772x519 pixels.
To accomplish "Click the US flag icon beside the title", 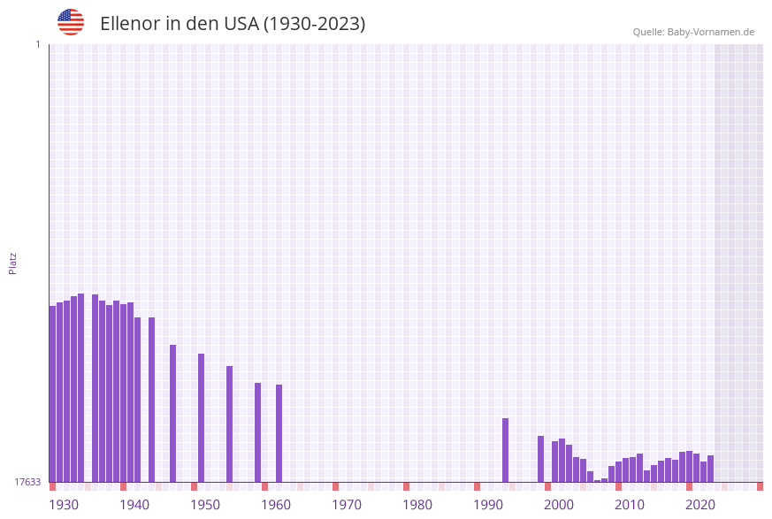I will pos(71,22).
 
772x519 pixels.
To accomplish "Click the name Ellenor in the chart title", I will pos(131,24).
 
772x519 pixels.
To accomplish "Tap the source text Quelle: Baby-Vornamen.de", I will pos(693,32).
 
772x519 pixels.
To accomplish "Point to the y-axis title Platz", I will pos(13,263).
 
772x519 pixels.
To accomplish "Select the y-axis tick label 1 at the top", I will pos(37,44).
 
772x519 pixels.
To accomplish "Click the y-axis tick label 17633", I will pos(27,482).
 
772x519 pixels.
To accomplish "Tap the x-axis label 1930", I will pos(64,505).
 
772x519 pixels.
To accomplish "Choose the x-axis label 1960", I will pos(276,505).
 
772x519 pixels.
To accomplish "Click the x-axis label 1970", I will pos(347,505).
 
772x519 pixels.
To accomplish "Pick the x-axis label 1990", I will pos(488,505).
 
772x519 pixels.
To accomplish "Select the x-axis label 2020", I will pos(700,505).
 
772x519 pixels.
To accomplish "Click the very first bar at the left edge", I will pos(52,393).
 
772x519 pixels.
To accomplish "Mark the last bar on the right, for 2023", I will pos(710,469).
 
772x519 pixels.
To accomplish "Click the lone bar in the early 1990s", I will pos(505,450).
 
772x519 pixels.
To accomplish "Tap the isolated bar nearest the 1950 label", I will pos(201,417).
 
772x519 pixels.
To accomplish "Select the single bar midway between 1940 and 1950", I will pos(172,413).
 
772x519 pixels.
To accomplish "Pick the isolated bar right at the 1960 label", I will pos(279,433).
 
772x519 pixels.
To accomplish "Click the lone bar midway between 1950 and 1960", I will pos(229,424).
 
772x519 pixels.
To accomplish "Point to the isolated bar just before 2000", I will pos(540,459).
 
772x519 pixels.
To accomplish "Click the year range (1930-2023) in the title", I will pos(314,24).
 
